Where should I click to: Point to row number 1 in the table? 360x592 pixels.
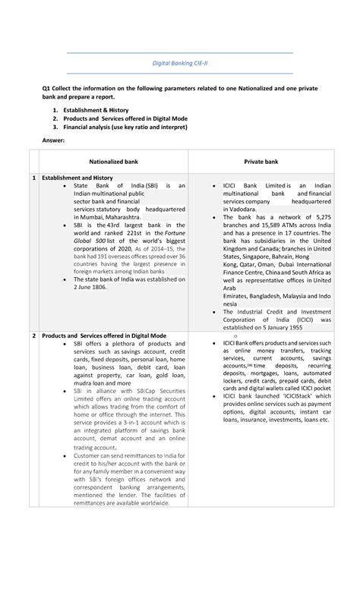33,178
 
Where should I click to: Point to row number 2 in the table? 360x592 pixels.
33,335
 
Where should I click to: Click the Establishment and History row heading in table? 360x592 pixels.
79,178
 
